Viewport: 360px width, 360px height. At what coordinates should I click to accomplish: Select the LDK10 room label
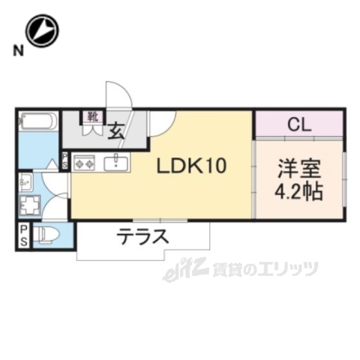tap(191, 166)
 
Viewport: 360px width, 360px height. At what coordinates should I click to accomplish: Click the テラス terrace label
tap(141, 239)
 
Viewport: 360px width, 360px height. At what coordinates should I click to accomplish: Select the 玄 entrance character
tap(118, 130)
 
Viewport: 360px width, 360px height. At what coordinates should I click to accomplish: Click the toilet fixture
tap(47, 234)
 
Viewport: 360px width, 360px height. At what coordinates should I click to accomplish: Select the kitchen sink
tap(117, 162)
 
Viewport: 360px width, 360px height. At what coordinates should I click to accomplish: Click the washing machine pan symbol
tap(31, 205)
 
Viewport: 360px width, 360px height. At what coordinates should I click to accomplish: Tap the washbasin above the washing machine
tap(25, 181)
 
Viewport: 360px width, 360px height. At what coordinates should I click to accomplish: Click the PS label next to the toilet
tap(24, 235)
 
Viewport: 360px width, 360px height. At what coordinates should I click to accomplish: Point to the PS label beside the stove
tap(64, 161)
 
